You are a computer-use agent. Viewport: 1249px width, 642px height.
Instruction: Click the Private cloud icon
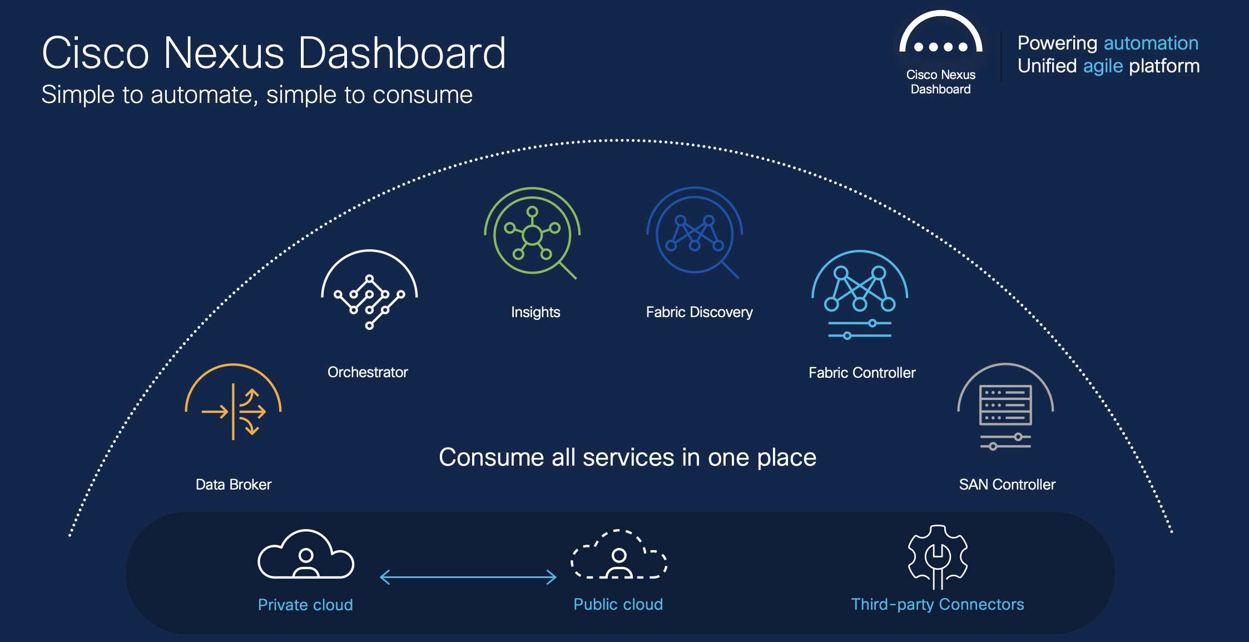point(306,554)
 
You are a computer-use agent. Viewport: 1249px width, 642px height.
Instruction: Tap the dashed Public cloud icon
point(619,554)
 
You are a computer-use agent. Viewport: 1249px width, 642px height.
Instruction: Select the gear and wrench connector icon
point(938,557)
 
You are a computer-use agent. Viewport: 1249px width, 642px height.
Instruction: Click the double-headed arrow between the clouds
point(468,577)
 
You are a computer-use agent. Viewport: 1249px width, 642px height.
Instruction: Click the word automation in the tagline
point(1151,43)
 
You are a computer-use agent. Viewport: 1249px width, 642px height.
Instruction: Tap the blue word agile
point(1103,66)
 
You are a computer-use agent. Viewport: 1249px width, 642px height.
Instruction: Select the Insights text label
point(536,312)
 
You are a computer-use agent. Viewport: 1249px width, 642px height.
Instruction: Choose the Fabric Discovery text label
point(699,312)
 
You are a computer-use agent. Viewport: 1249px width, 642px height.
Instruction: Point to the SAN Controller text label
point(1007,485)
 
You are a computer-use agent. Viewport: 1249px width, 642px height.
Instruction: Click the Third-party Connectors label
point(938,604)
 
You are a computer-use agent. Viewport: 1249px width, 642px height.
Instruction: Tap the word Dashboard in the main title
point(402,53)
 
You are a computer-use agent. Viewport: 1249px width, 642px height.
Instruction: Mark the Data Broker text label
point(234,485)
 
